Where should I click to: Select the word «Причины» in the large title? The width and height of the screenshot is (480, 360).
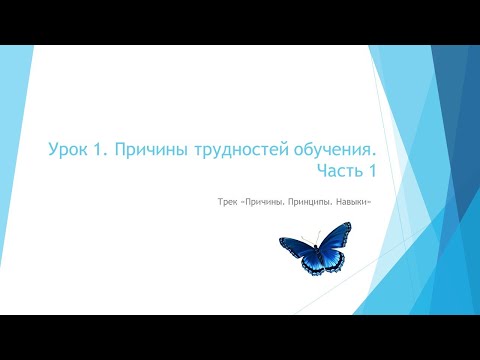pos(143,150)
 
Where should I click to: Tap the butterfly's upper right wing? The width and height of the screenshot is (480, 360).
pos(331,244)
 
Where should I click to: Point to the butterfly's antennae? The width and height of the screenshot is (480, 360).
pos(316,233)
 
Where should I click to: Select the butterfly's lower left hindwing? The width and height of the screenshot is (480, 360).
pos(305,263)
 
